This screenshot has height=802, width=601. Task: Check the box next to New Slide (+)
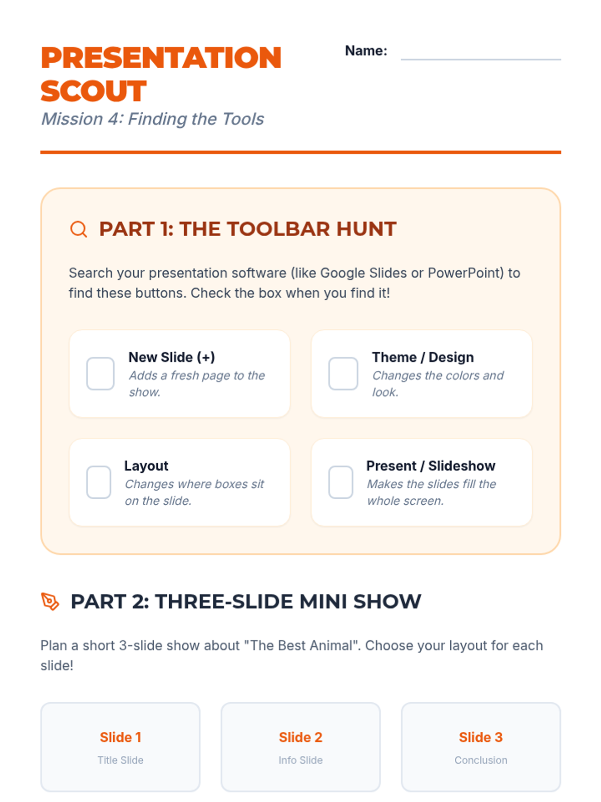click(x=100, y=373)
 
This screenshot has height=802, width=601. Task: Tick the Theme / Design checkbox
click(x=343, y=373)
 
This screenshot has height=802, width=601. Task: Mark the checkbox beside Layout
click(x=99, y=482)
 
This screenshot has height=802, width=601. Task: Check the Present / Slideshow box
click(x=341, y=482)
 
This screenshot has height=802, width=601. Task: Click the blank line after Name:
click(x=481, y=59)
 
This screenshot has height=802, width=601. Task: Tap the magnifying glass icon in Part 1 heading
click(x=79, y=229)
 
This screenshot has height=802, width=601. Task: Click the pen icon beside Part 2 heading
click(x=50, y=601)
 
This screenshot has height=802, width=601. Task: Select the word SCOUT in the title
click(x=94, y=91)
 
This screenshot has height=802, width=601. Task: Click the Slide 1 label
click(x=120, y=737)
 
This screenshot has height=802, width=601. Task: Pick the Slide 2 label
click(x=300, y=737)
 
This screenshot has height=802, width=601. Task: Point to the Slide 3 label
click(x=481, y=737)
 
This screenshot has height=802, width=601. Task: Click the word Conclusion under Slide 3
click(x=481, y=760)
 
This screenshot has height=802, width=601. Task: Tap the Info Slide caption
click(x=300, y=760)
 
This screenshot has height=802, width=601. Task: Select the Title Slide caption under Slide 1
click(x=120, y=760)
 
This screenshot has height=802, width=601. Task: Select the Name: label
click(x=366, y=51)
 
